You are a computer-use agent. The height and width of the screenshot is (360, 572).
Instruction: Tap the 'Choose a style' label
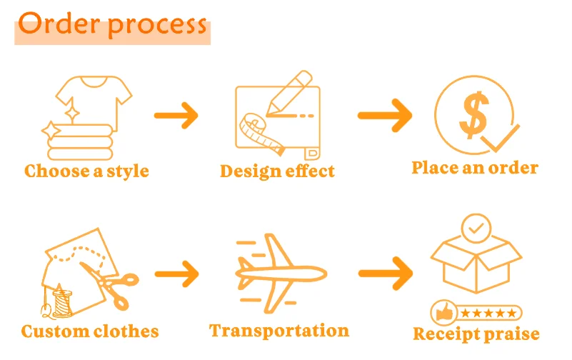coord(86,171)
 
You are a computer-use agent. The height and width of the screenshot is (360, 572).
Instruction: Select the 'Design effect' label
coord(277,171)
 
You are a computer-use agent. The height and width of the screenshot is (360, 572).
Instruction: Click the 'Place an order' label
coord(475,168)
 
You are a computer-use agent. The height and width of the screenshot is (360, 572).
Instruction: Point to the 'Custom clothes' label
coord(90,331)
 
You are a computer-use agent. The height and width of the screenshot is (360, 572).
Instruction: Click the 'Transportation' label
coord(279,330)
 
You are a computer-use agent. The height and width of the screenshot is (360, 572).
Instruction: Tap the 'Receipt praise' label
coord(476,334)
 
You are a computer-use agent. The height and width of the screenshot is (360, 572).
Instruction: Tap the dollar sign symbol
coord(473,114)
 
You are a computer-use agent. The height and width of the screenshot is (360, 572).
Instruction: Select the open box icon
coord(477,265)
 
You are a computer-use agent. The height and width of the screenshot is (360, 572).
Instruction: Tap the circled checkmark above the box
coord(476,229)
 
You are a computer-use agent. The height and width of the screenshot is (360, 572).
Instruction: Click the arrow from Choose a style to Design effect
coord(176,114)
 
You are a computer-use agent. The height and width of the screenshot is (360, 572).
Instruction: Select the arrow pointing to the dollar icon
coord(385,114)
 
